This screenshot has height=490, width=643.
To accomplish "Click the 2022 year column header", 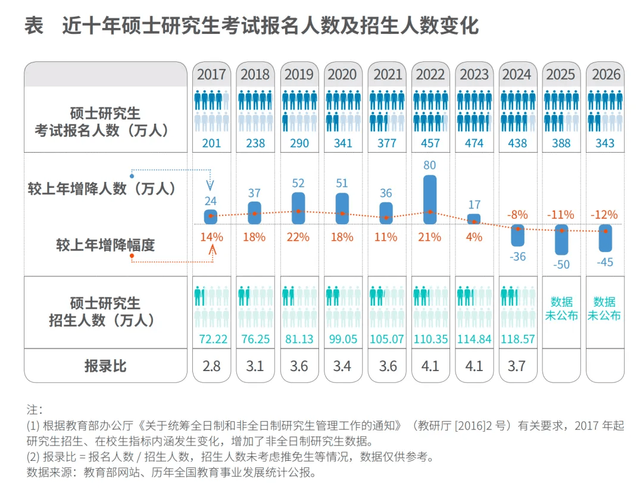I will (x=430, y=75).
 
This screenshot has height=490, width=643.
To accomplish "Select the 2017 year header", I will (x=211, y=75).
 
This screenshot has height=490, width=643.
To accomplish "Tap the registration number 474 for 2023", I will (x=474, y=143).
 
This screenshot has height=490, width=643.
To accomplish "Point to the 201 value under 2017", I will (x=211, y=143).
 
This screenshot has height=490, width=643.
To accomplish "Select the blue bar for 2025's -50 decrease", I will (x=561, y=240).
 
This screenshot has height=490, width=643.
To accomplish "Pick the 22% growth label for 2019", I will (x=299, y=237).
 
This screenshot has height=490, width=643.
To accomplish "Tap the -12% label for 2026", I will (x=604, y=215).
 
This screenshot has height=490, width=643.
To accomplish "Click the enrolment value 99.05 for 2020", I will (x=342, y=340).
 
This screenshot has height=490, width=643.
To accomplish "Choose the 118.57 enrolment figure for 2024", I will (x=517, y=340).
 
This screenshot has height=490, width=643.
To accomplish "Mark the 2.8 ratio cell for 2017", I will (x=211, y=366).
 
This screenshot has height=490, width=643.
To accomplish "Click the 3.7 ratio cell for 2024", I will (x=517, y=366).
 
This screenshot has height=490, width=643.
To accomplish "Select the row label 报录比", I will (x=105, y=366).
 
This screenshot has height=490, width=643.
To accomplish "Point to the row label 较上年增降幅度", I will (x=105, y=244).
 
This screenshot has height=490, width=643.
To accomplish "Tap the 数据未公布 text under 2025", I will (x=561, y=309).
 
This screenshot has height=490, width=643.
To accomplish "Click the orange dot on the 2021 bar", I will (x=386, y=218).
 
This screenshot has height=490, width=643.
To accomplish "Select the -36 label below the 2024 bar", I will (x=517, y=257).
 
